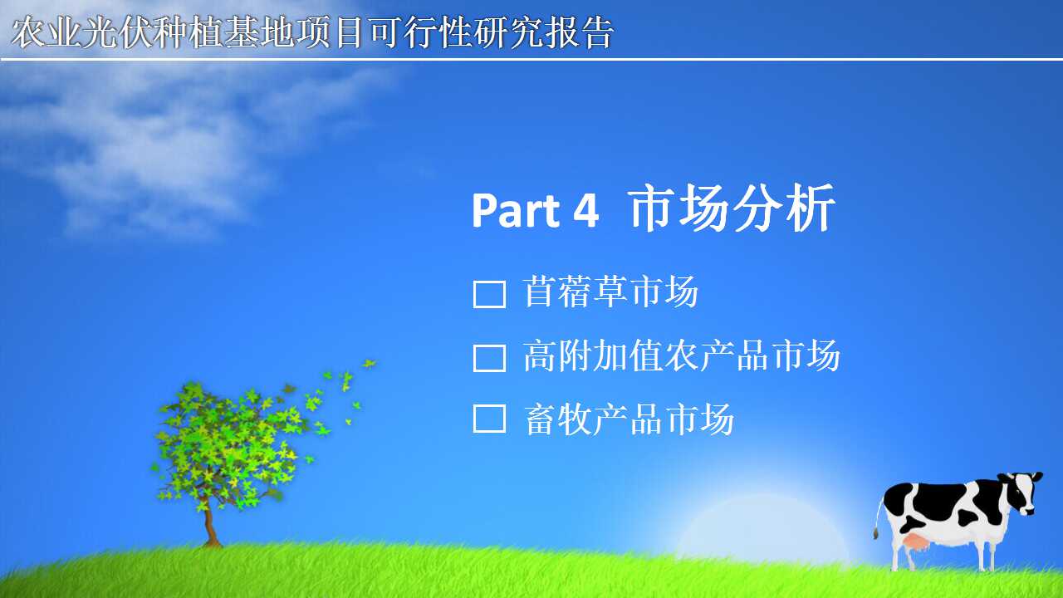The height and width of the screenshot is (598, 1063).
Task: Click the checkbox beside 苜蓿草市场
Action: pyautogui.click(x=489, y=294)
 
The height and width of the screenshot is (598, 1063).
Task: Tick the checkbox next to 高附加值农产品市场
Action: pyautogui.click(x=489, y=358)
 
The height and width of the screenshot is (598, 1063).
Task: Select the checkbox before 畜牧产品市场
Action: pyautogui.click(x=489, y=419)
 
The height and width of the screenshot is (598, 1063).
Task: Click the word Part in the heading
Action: pyautogui.click(x=517, y=211)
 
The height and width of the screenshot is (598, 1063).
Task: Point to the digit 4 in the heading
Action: pyautogui.click(x=586, y=211)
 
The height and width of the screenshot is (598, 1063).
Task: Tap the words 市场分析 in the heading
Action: pyautogui.click(x=732, y=208)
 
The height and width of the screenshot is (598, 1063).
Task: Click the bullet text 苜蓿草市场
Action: pyautogui.click(x=610, y=292)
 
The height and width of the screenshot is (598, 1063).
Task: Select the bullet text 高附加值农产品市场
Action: pyautogui.click(x=682, y=355)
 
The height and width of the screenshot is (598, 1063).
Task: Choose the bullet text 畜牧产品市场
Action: pyautogui.click(x=629, y=419)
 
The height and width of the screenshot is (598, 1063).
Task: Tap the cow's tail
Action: pyautogui.click(x=879, y=518)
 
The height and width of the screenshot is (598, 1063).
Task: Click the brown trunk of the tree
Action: pyautogui.click(x=208, y=522)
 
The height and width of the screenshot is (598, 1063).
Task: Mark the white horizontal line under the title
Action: pyautogui.click(x=531, y=59)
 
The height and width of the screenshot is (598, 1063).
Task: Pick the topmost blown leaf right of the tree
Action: pyautogui.click(x=369, y=364)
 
